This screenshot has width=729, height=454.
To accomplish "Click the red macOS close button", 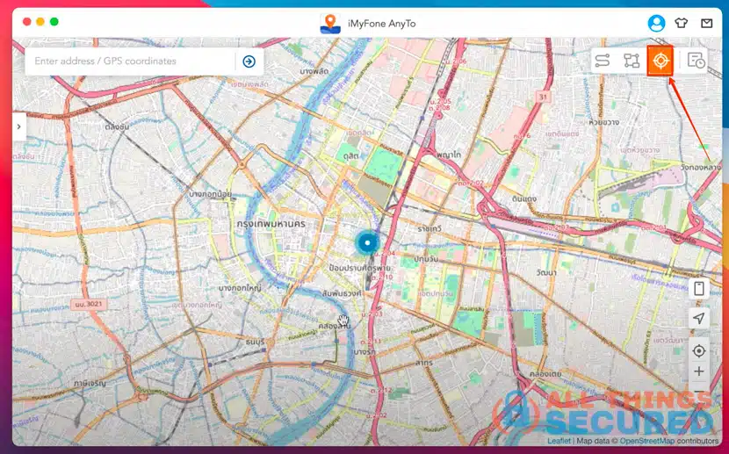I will [26, 21].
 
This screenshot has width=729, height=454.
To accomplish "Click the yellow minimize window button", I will [40, 21].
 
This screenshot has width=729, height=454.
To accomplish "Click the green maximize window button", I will [54, 21].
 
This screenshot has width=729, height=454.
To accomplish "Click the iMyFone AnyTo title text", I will [379, 24].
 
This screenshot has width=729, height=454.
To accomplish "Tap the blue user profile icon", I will [656, 24].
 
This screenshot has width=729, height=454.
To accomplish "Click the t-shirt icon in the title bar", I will [682, 24].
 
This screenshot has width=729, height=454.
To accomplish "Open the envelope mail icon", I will [706, 24].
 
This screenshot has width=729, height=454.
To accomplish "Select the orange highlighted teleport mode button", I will [660, 61].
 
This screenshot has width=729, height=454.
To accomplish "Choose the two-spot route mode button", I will [603, 61].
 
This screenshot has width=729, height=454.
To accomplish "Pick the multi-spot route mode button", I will [632, 61].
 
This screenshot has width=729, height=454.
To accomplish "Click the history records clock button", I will [696, 61].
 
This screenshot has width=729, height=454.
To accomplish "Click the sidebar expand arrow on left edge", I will [18, 126].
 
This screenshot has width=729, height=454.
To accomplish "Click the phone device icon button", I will [699, 289].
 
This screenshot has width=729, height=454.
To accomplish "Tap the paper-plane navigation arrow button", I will [699, 318].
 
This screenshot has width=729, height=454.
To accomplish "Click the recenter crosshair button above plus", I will [699, 351].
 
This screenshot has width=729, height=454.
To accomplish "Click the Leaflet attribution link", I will [558, 441].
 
